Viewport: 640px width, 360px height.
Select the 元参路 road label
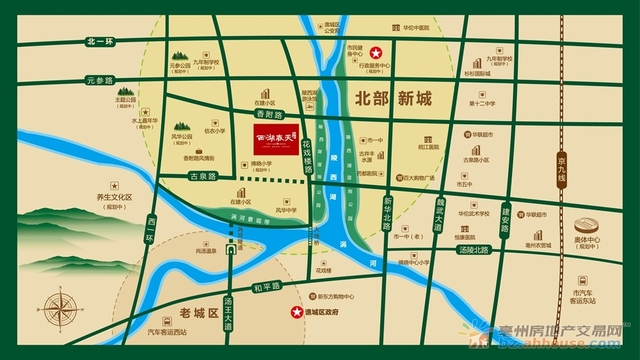click(x=100, y=79)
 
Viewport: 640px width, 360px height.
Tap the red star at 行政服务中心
click(x=377, y=52)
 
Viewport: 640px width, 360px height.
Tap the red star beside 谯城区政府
click(x=296, y=314)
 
